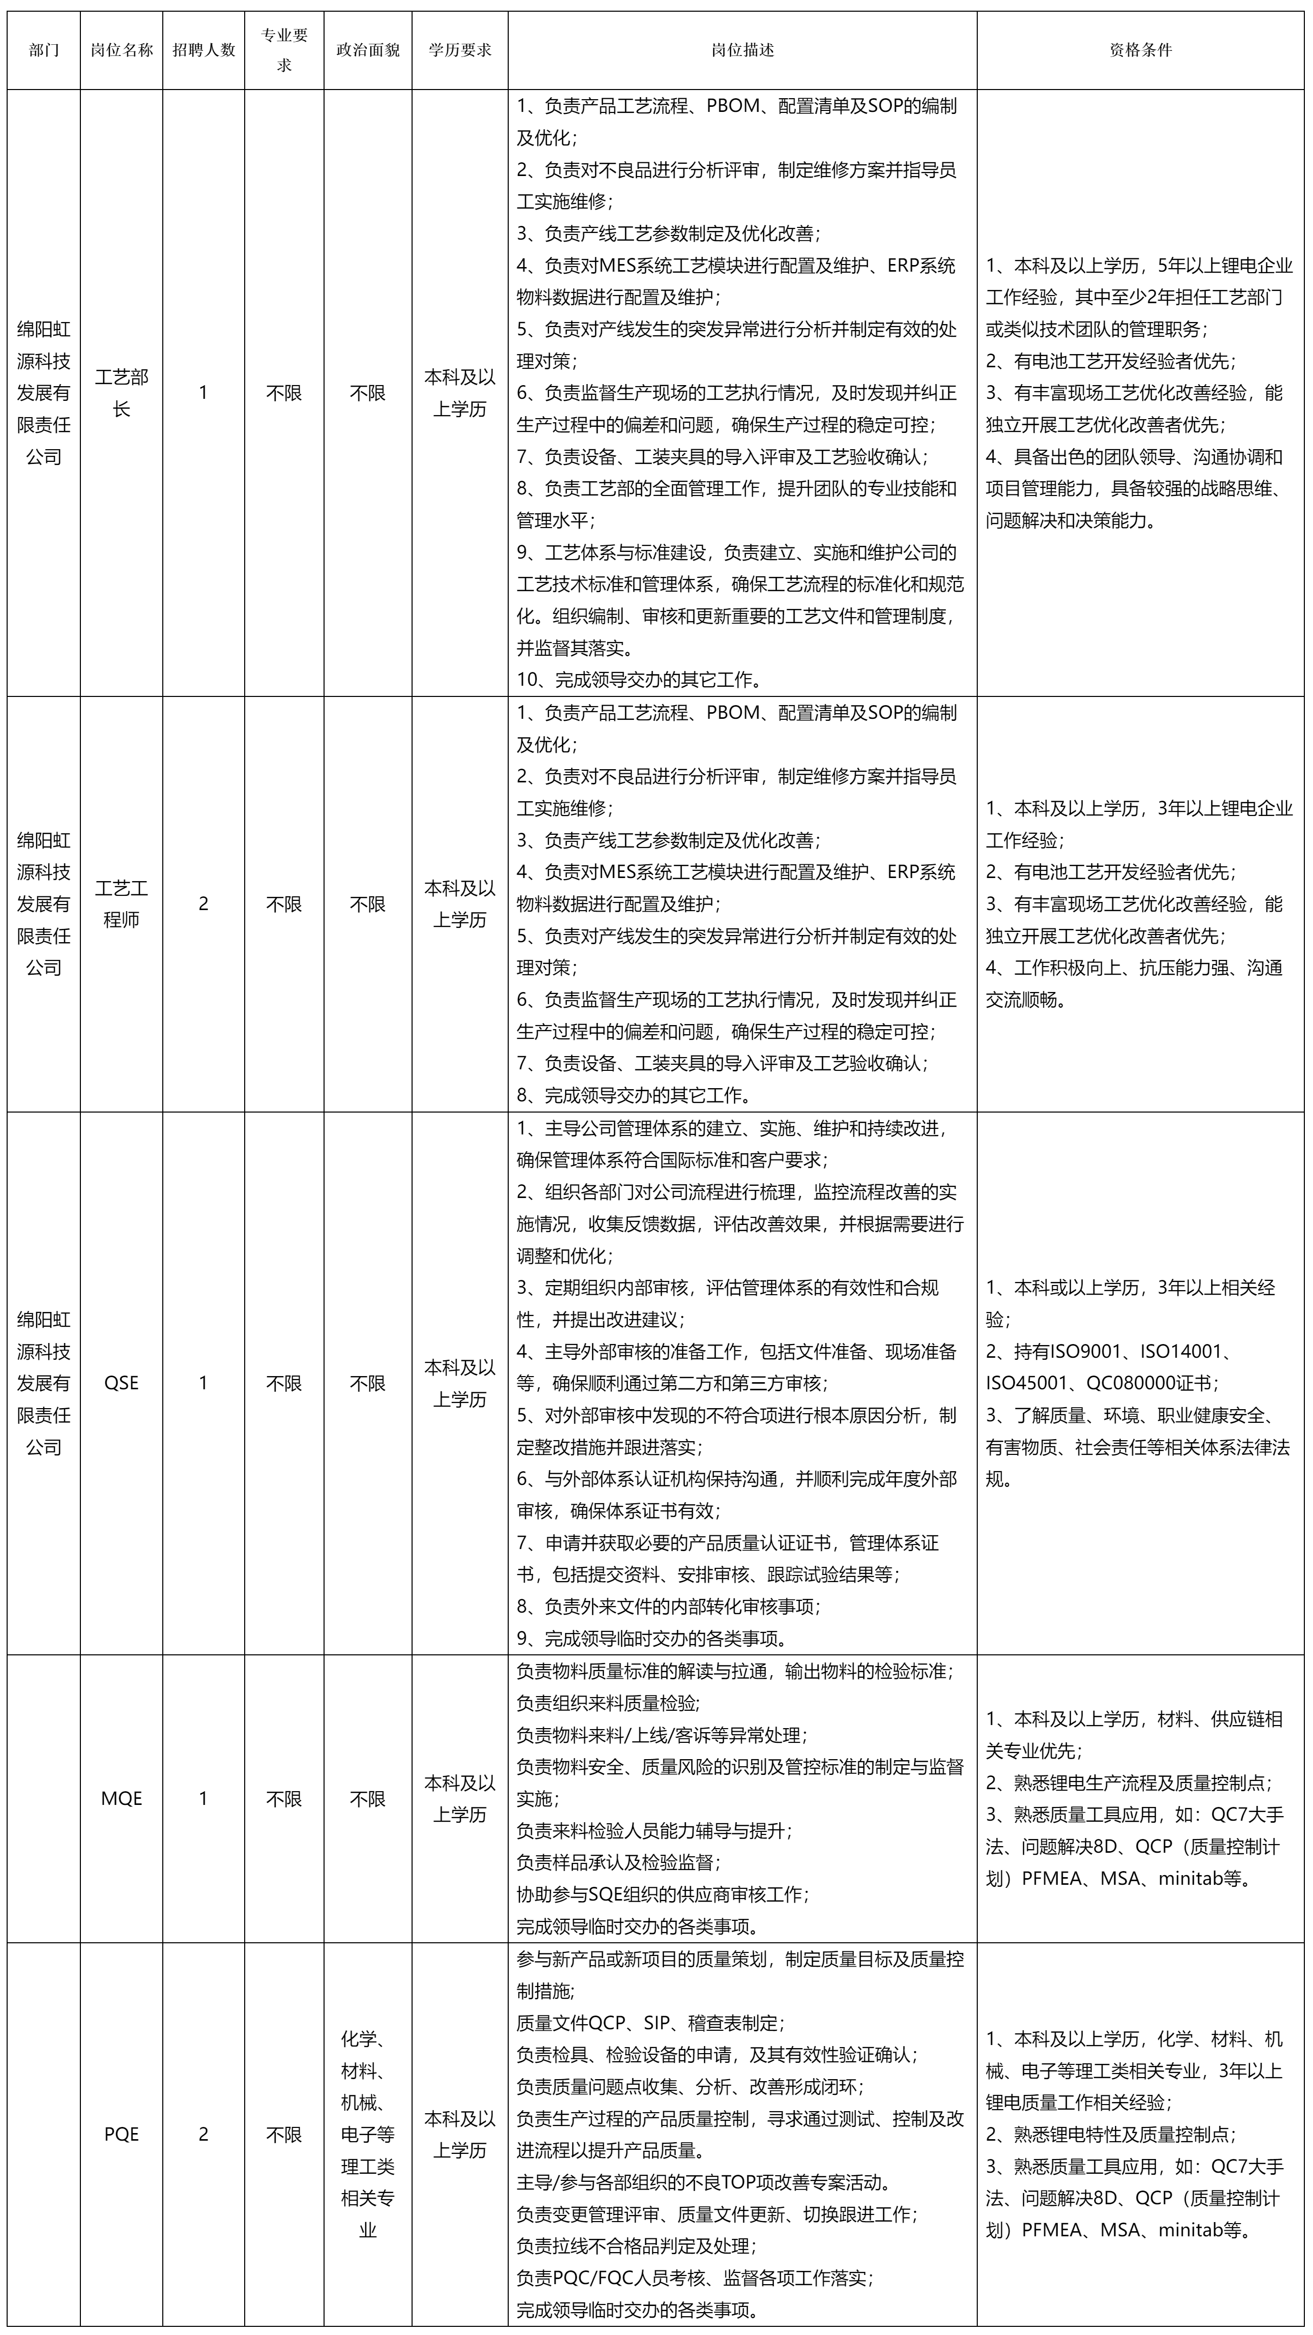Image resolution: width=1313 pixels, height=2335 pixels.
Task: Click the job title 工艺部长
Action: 122,393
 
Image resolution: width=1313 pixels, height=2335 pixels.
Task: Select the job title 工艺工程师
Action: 122,903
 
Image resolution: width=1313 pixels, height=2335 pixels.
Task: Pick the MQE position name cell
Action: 122,1798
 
